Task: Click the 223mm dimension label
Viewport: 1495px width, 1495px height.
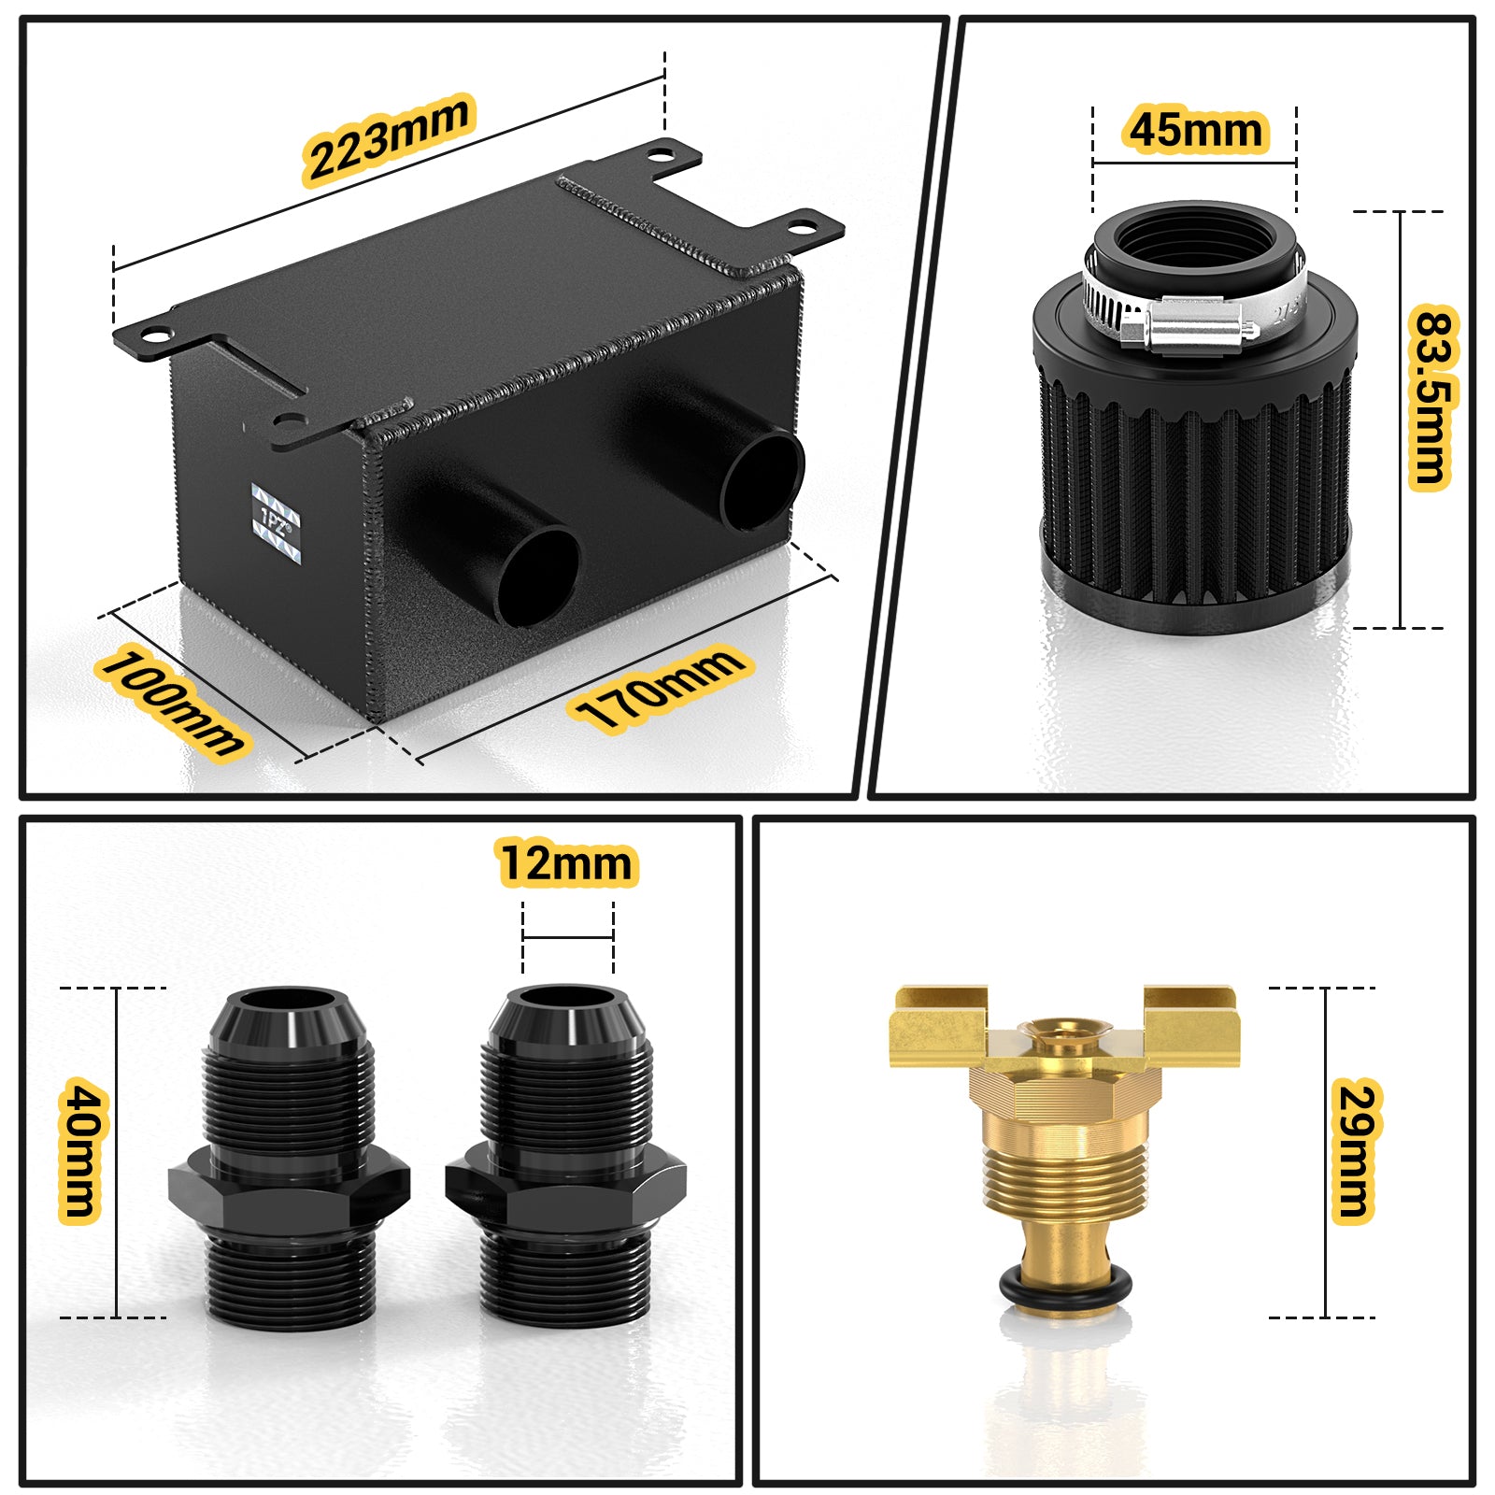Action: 389,138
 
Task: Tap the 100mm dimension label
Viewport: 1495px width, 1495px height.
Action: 172,703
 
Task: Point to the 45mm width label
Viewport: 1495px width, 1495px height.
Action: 1195,130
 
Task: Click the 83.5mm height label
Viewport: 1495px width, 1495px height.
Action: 1431,396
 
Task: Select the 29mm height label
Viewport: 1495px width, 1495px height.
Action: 1354,1150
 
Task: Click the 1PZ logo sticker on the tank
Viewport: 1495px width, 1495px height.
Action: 277,523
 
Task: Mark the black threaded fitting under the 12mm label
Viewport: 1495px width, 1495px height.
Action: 566,1154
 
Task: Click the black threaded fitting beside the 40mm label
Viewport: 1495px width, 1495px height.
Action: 290,1154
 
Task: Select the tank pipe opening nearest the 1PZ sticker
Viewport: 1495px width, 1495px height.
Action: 537,576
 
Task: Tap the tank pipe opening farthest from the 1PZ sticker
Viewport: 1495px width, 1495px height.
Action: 762,478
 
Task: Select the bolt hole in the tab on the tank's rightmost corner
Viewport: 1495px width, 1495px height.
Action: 803,227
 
